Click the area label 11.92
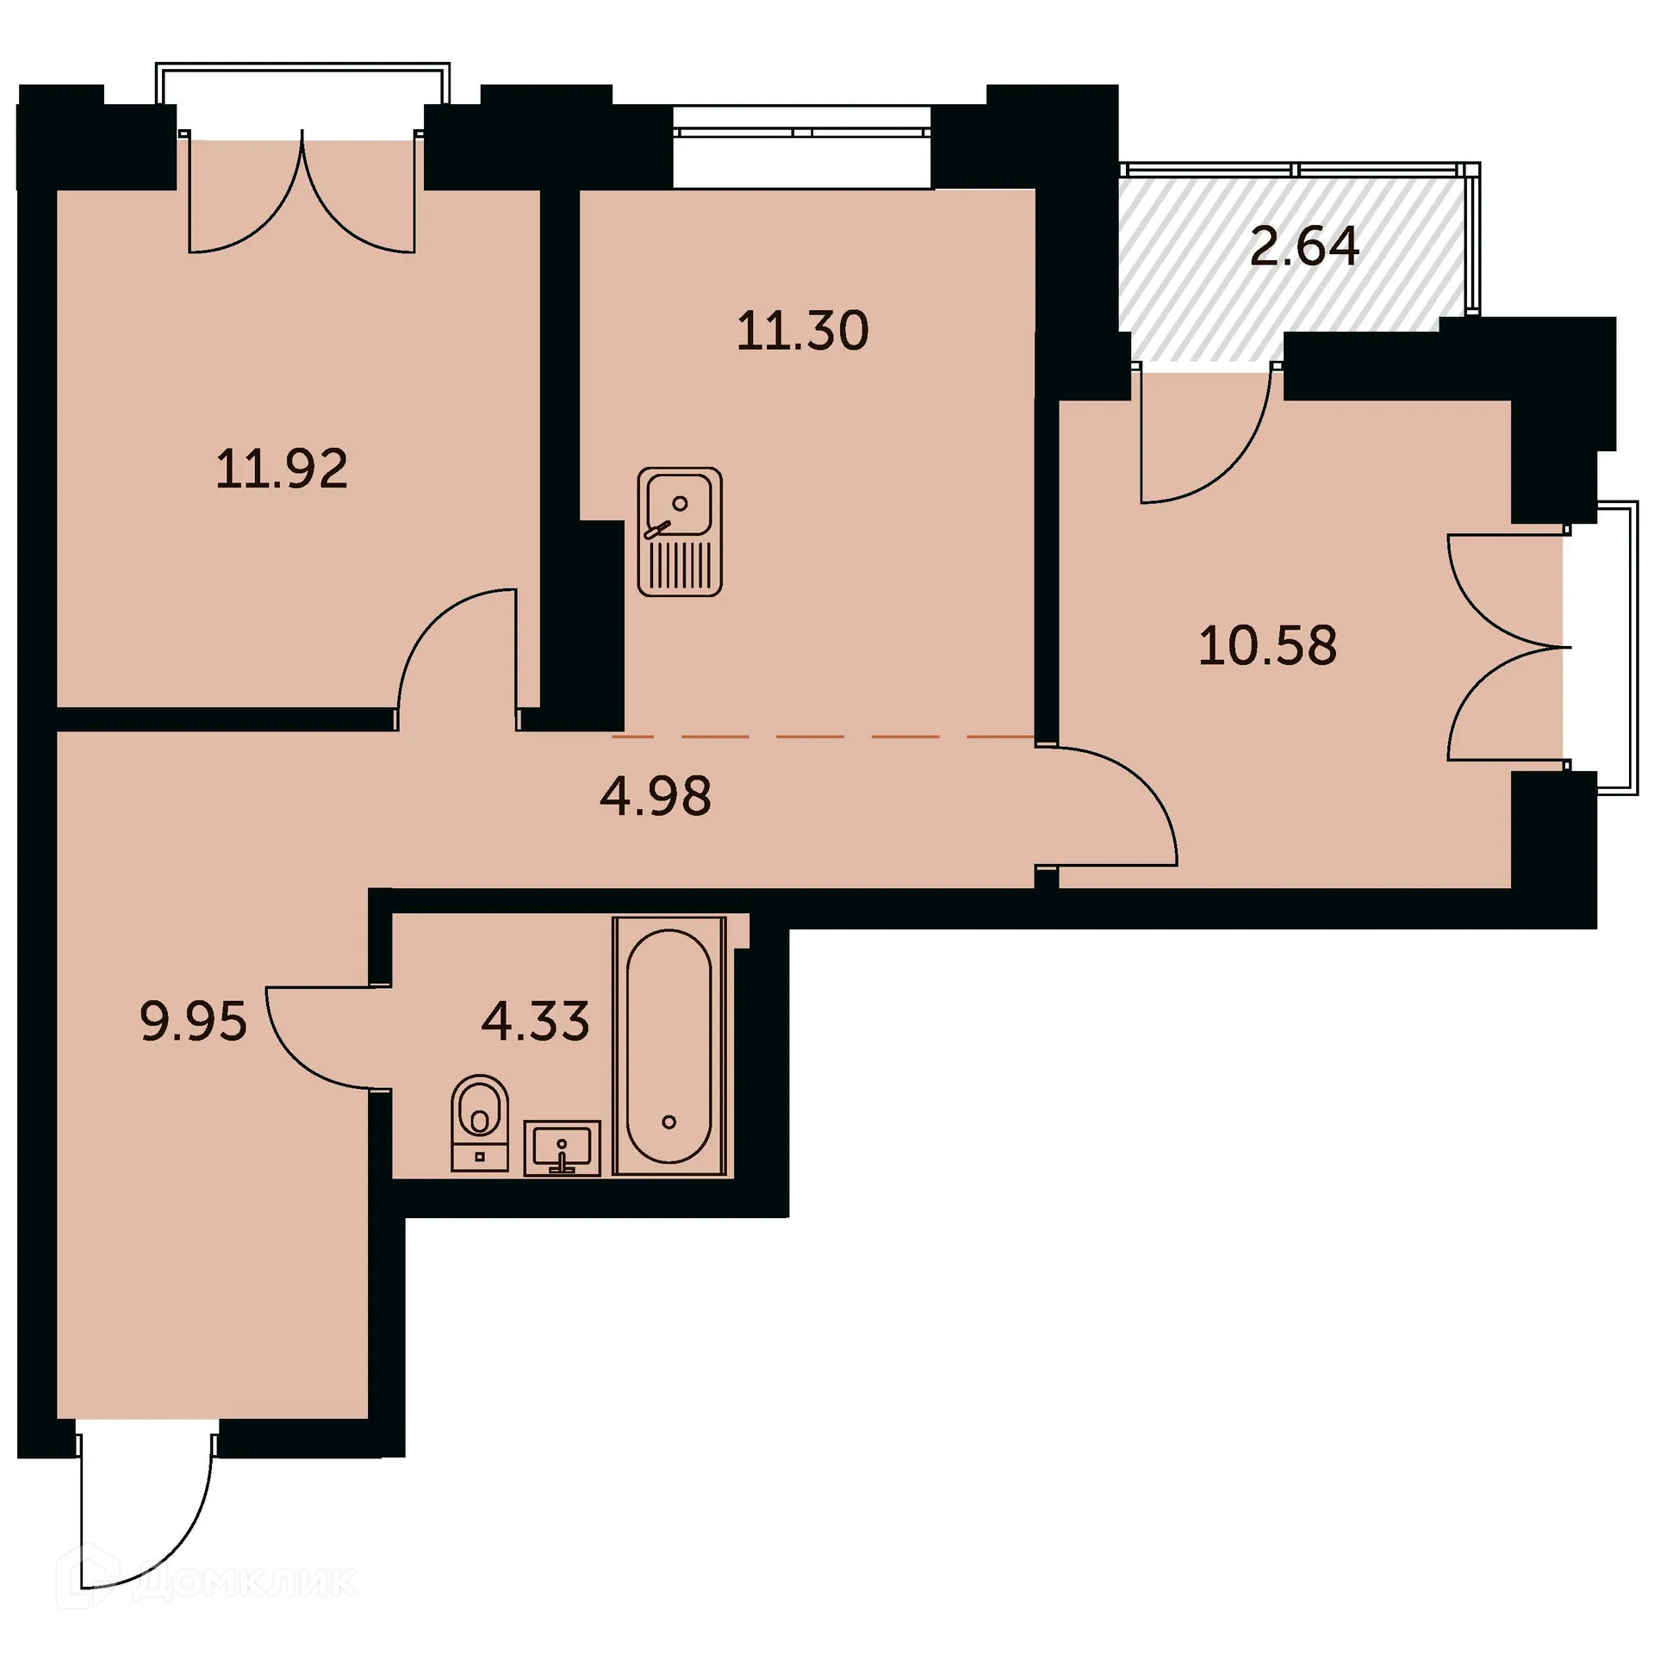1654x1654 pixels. pyautogui.click(x=282, y=469)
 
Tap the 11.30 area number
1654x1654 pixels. pyautogui.click(x=802, y=331)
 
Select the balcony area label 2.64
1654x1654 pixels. pyautogui.click(x=1303, y=246)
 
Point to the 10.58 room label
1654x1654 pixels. pyautogui.click(x=1267, y=645)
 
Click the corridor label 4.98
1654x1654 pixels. pyautogui.click(x=656, y=796)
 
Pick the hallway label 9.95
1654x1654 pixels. pyautogui.click(x=193, y=1022)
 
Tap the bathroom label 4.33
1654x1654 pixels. pyautogui.click(x=535, y=1021)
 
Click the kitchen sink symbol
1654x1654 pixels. pyautogui.click(x=679, y=532)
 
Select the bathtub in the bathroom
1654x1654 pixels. pyautogui.click(x=669, y=1046)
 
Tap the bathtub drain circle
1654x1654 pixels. pyautogui.click(x=669, y=1122)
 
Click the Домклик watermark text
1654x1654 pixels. pyautogui.click(x=246, y=1582)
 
